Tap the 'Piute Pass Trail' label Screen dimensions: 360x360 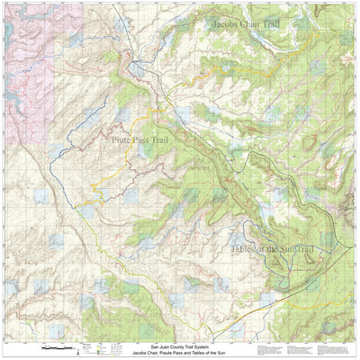(144, 140)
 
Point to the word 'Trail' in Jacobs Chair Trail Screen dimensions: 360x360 (281, 23)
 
